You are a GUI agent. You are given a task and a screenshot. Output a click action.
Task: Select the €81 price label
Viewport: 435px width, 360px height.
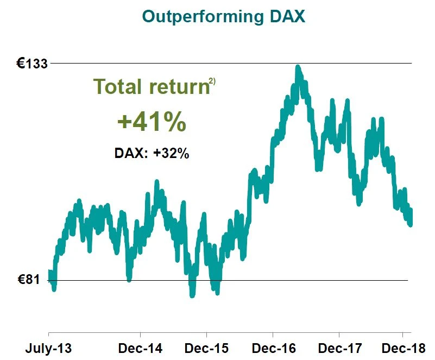coord(29,280)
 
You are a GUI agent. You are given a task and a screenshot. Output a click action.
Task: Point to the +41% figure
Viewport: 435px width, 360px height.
coord(152,123)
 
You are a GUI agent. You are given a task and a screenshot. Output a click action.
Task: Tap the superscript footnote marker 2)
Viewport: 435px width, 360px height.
coord(212,82)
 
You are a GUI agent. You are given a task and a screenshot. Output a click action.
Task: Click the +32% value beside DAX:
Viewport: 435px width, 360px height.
coord(171,153)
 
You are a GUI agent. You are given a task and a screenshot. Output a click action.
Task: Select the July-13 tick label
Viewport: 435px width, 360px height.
coord(48,347)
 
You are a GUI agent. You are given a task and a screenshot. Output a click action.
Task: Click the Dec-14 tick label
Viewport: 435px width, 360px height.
coord(140,347)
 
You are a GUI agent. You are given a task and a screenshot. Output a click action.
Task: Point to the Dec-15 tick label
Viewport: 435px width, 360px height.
coord(206,347)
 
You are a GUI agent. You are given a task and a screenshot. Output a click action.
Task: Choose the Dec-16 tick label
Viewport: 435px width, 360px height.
coord(273,347)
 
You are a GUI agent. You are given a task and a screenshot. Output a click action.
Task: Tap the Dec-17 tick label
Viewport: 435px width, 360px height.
coord(339,347)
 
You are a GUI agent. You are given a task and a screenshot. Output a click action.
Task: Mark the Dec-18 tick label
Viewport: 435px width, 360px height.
coord(402,347)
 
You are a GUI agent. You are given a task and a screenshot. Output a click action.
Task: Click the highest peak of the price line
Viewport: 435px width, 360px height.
coord(298,67)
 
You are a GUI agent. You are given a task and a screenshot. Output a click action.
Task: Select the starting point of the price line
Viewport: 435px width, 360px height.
coord(49,275)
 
